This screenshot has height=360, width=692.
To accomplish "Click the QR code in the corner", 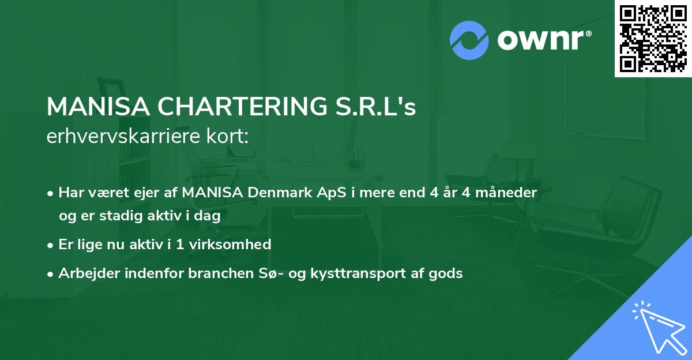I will (653, 38).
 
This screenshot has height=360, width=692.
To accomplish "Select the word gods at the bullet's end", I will (447, 273).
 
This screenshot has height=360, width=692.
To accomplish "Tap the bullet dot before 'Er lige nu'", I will (51, 245).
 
